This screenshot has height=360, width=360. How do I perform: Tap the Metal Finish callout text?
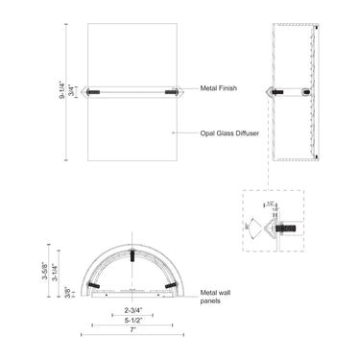[x=220, y=87]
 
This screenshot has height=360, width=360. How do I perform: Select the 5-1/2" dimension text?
[x=134, y=320]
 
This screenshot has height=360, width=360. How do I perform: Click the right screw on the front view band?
[x=172, y=93]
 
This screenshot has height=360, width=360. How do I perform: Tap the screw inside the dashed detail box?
[x=285, y=228]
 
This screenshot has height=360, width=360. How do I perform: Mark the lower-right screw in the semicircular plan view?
[x=172, y=285]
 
